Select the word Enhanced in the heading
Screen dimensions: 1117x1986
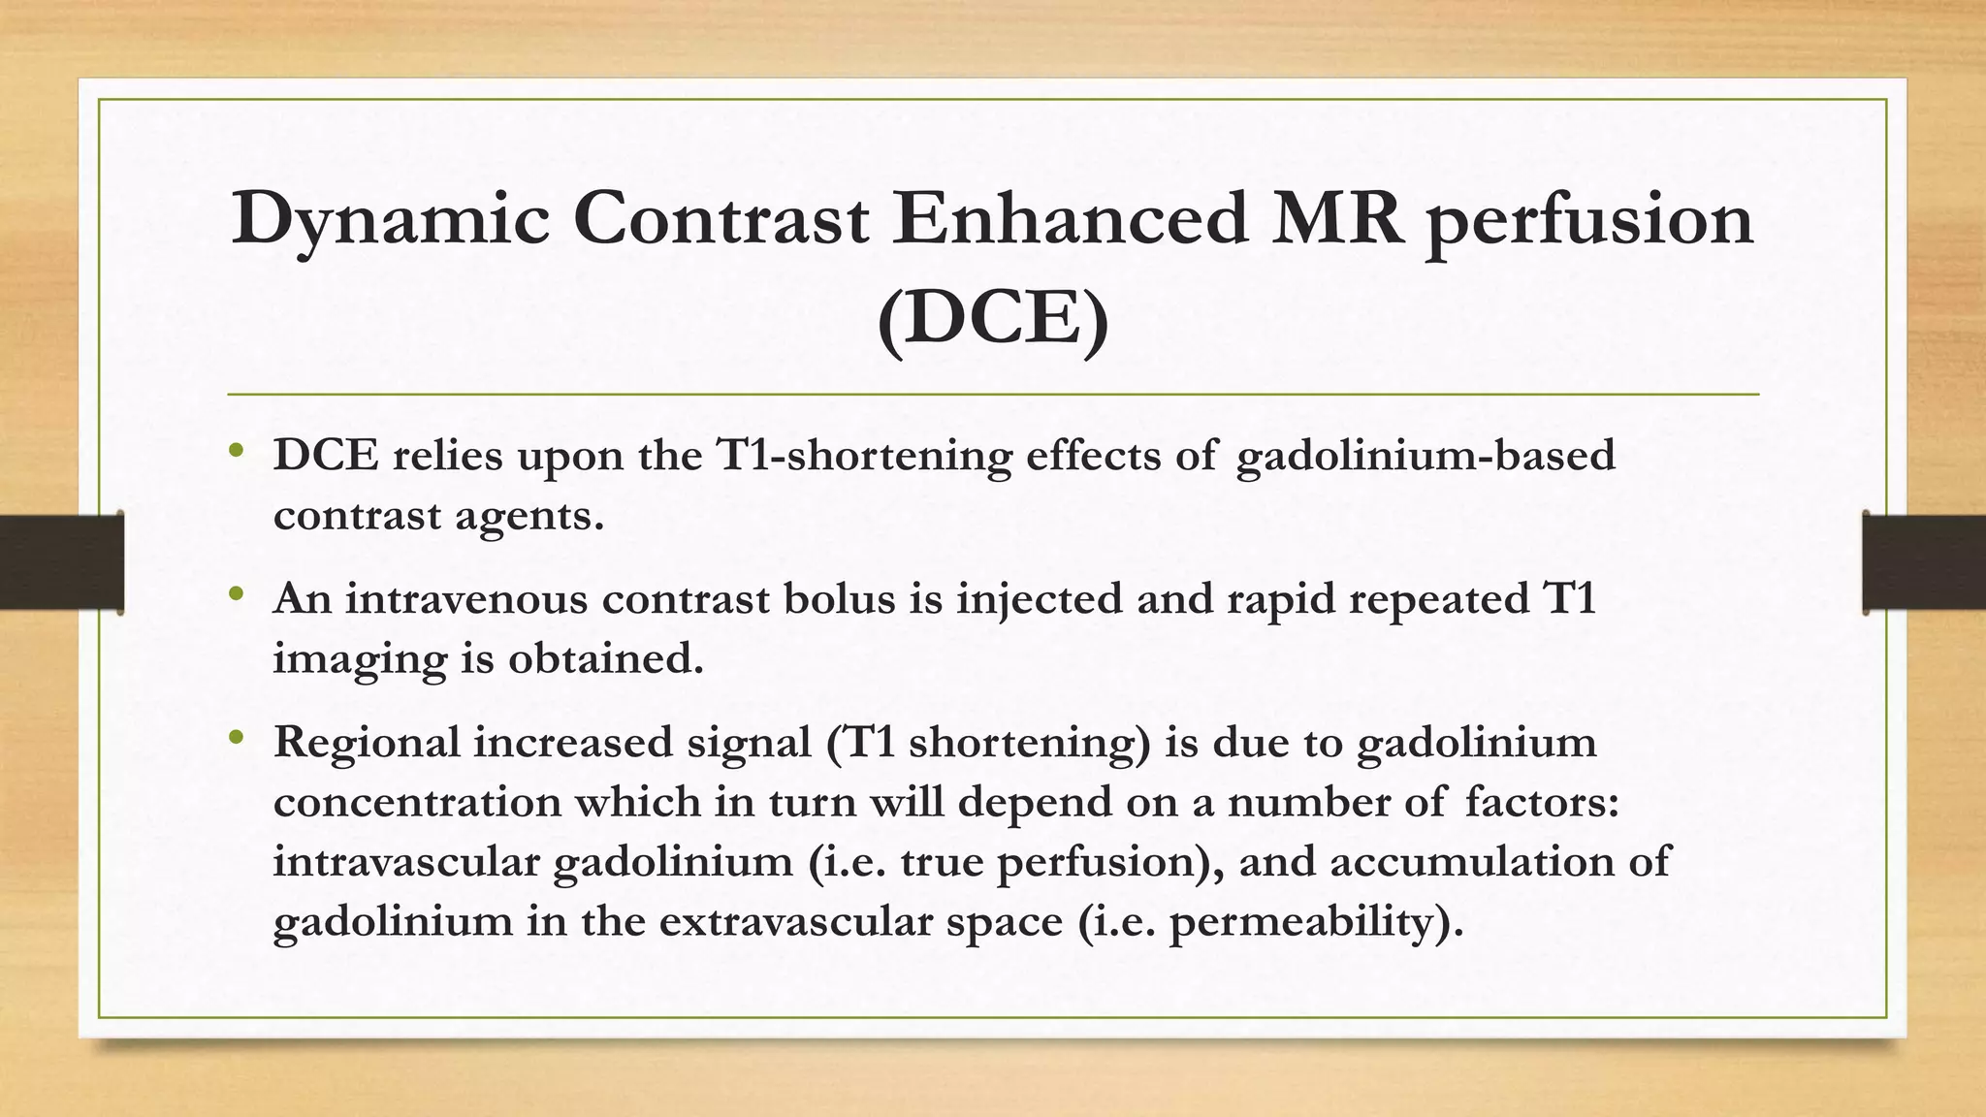click(x=1069, y=219)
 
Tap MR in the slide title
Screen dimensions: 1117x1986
click(x=1336, y=219)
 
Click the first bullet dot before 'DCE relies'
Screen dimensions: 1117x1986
click(x=237, y=450)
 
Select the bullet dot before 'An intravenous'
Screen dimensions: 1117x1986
click(x=237, y=593)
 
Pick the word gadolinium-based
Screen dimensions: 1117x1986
click(x=1425, y=456)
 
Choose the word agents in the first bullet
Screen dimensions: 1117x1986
click(x=529, y=516)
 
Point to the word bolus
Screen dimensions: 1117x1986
click(x=839, y=599)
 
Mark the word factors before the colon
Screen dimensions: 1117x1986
click(x=1541, y=803)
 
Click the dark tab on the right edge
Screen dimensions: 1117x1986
click(x=1924, y=562)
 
